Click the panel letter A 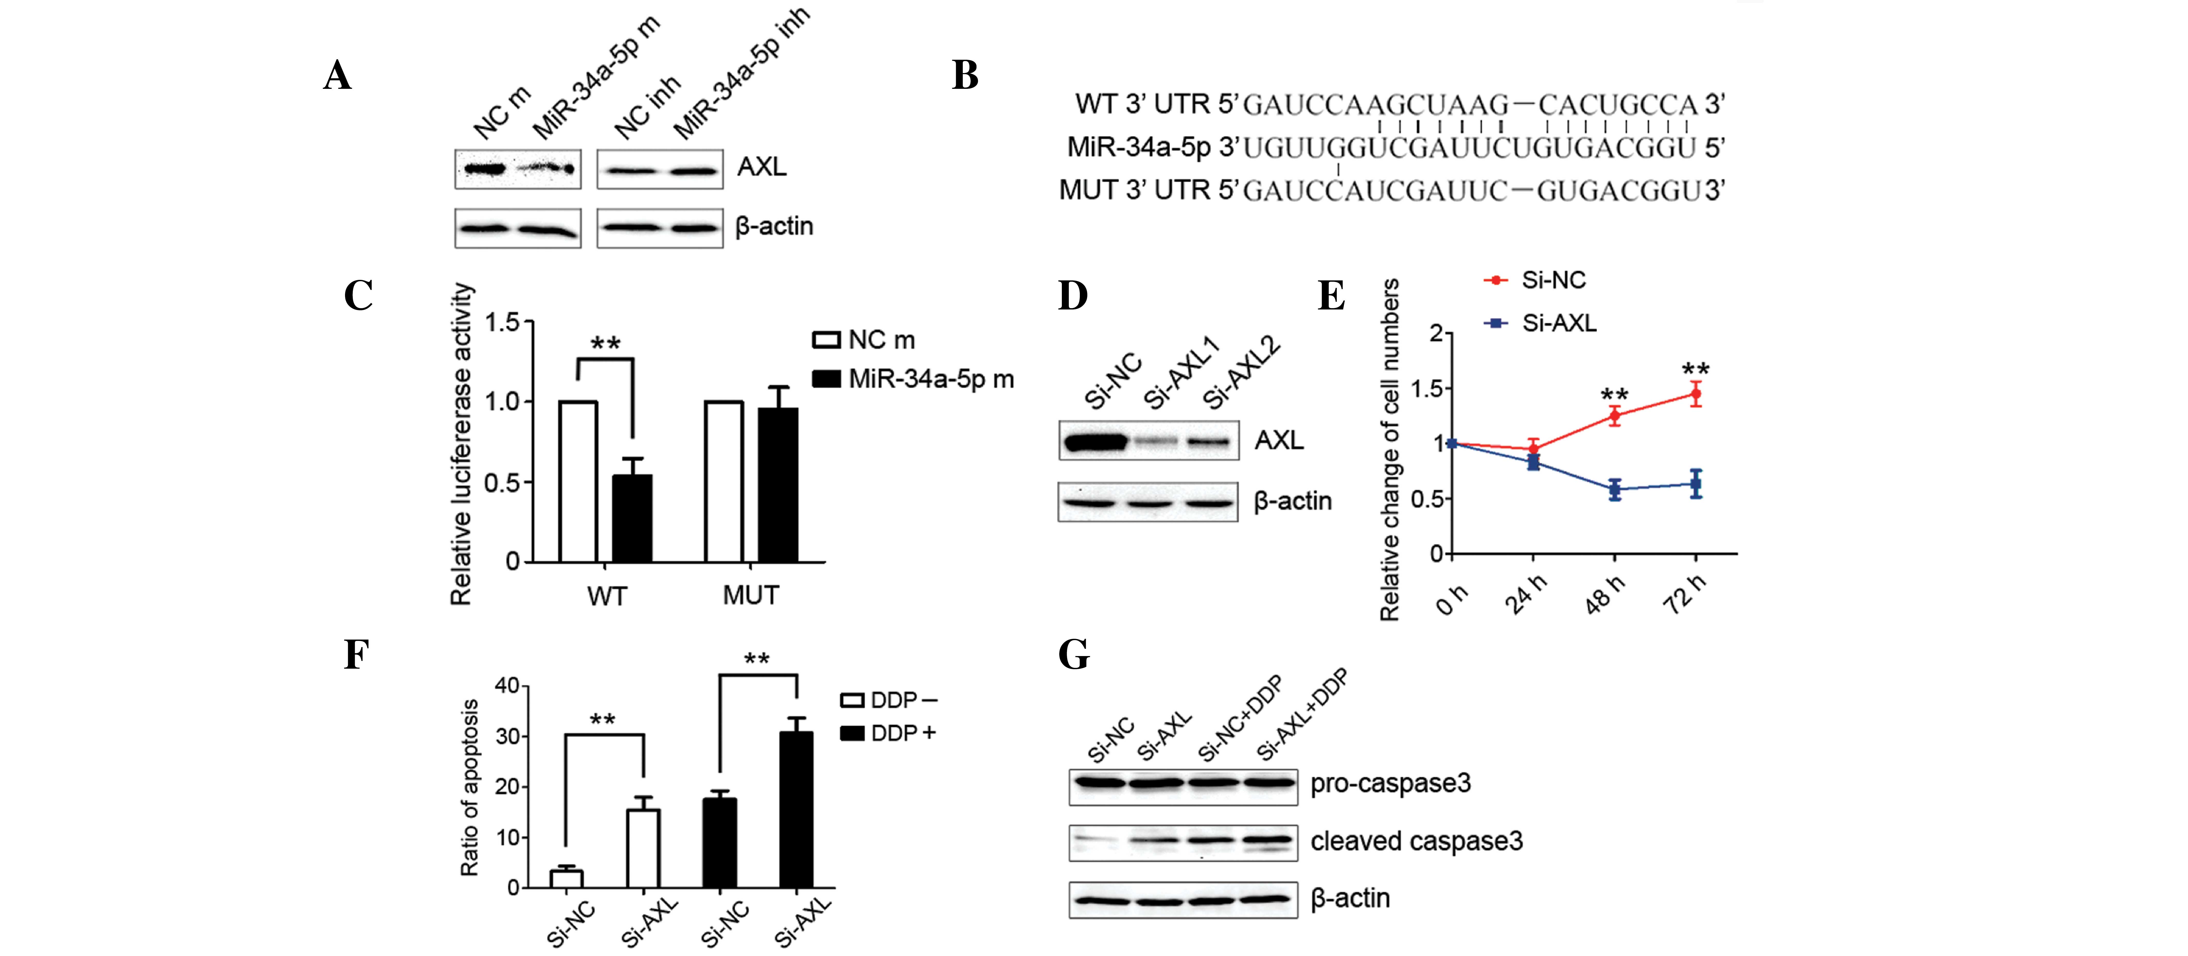[337, 76]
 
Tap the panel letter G [1074, 655]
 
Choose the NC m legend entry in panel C [864, 340]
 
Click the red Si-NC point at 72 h [1695, 393]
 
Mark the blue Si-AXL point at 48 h [1614, 489]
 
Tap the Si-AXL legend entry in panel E [1542, 323]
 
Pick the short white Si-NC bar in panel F [566, 879]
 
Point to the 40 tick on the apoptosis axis [507, 686]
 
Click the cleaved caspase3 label [1416, 841]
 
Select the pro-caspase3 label [1390, 783]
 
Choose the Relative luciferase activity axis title [460, 444]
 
